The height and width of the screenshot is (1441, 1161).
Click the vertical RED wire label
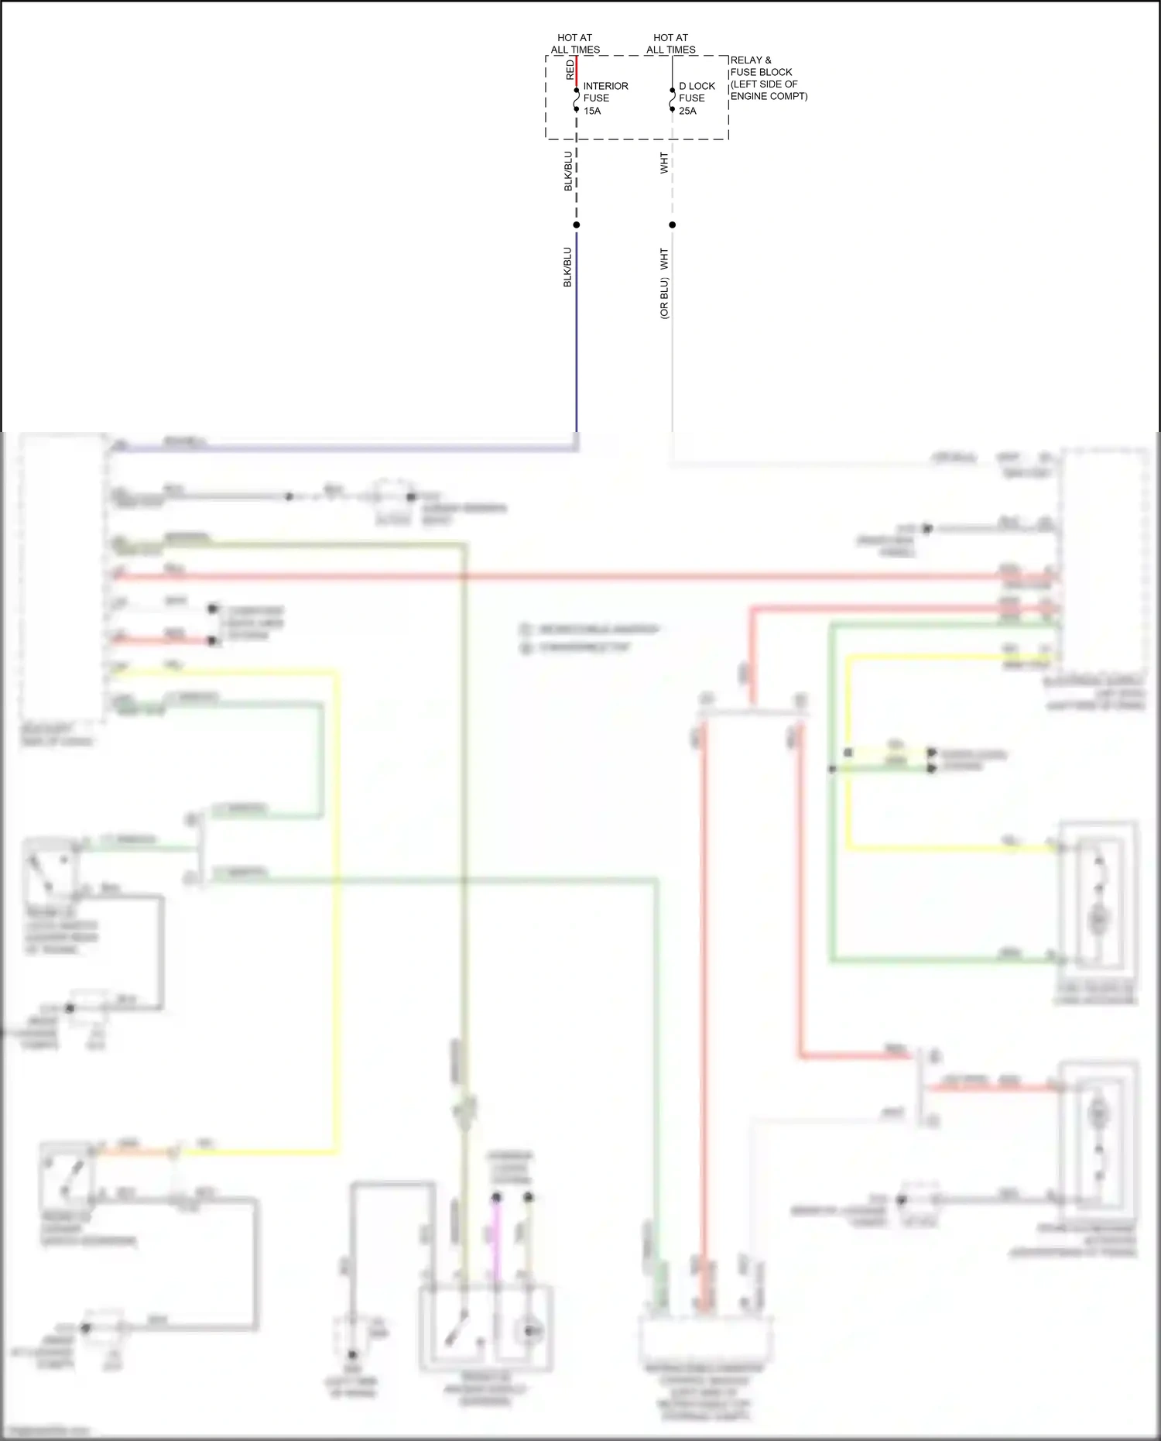point(570,70)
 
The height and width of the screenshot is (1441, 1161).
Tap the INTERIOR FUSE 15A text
point(604,98)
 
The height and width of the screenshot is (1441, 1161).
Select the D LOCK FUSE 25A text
point(697,98)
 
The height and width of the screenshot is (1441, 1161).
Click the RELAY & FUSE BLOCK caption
point(768,78)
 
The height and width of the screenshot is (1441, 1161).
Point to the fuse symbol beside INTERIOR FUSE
point(577,100)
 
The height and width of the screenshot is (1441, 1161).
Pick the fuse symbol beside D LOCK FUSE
point(672,100)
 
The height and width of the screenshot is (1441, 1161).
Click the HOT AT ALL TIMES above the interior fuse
point(575,43)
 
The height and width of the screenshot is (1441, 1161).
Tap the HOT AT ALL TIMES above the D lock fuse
point(671,43)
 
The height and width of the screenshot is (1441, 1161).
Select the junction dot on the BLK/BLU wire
point(577,225)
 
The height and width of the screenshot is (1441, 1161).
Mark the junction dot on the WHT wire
point(672,225)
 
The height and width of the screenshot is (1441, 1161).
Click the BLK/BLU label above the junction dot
point(568,171)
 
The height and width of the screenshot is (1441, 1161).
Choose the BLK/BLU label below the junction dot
point(567,267)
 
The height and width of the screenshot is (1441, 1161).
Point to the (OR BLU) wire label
point(664,299)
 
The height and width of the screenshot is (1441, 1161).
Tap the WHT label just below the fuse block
point(664,163)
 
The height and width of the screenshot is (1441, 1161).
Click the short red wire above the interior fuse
point(577,71)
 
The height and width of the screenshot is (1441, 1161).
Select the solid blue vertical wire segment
point(577,333)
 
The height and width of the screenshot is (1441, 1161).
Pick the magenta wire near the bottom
point(497,1239)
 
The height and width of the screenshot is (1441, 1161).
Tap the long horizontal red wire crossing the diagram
point(580,577)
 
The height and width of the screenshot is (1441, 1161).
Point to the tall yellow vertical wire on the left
point(337,914)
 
